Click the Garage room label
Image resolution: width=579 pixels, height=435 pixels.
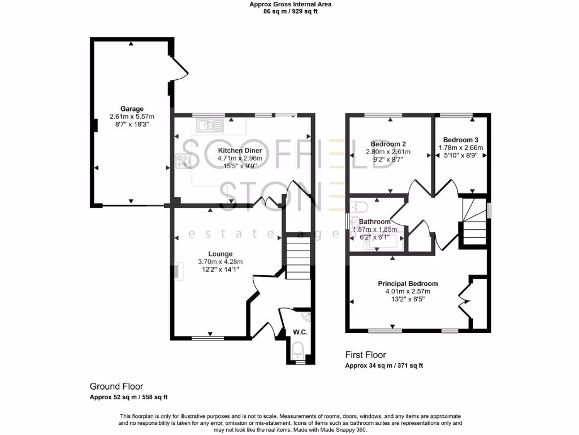tap(132, 109)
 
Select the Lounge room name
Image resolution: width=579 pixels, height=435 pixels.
tap(220, 254)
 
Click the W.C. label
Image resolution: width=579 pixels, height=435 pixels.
tap(300, 332)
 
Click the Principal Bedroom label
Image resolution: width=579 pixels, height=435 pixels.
tap(408, 284)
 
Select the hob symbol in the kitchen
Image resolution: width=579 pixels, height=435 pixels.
tap(184, 161)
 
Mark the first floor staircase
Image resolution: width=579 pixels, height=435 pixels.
tap(474, 221)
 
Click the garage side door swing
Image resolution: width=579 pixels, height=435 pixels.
tap(180, 71)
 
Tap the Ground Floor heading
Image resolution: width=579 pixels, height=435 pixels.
tap(116, 386)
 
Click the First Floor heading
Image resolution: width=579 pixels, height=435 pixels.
tap(365, 355)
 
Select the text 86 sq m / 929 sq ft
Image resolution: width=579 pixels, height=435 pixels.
tap(291, 11)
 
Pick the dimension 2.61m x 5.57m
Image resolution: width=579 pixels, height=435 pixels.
tap(132, 117)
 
